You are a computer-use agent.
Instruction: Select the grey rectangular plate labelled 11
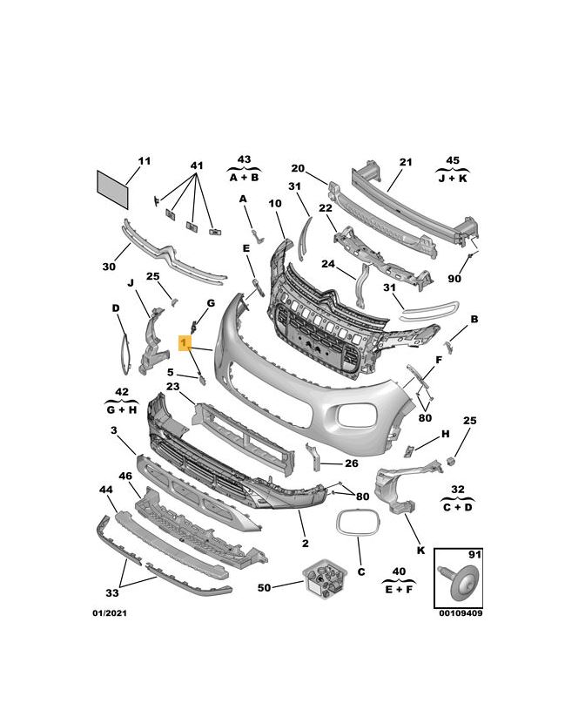pos(112,189)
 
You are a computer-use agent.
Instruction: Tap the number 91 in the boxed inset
pos(474,555)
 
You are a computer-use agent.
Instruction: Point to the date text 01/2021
pos(110,613)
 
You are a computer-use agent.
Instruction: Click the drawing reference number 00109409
pos(461,613)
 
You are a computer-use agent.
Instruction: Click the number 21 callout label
pos(406,162)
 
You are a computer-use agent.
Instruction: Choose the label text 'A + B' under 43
pos(244,177)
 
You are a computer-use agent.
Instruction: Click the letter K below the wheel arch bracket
pos(420,551)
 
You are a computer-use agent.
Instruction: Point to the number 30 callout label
pos(109,267)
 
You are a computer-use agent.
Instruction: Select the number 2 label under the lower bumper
pos(306,543)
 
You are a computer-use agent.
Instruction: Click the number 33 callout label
pos(112,592)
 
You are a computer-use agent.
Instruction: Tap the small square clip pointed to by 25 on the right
pos(451,461)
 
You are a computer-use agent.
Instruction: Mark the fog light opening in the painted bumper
pos(357,415)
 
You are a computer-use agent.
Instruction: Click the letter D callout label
pos(116,308)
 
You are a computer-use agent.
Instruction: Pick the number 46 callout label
pos(125,476)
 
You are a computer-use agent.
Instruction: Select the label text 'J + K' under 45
pos(453,178)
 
